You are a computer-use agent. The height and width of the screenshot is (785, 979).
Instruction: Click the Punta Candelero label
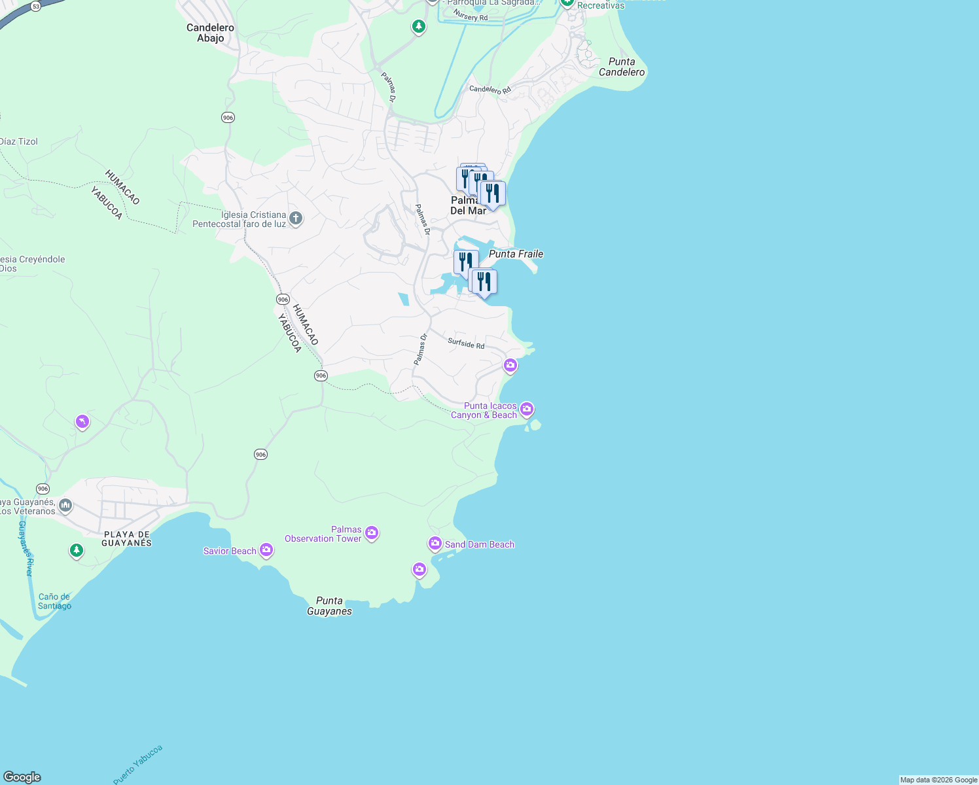click(x=622, y=67)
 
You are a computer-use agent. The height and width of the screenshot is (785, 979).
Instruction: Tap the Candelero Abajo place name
click(x=210, y=33)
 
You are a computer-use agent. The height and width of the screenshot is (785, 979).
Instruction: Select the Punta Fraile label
click(x=516, y=254)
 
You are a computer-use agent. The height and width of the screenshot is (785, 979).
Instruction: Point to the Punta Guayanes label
click(x=329, y=606)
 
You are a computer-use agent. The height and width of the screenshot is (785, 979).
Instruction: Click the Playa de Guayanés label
click(x=127, y=538)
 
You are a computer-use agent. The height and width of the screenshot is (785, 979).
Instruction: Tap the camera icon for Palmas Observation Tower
click(x=372, y=533)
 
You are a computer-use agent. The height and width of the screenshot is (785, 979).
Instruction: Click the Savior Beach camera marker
click(x=266, y=550)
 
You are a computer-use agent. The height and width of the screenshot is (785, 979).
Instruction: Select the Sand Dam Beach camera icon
click(x=435, y=544)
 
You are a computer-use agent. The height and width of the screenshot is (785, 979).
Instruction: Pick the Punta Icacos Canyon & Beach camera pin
click(x=527, y=410)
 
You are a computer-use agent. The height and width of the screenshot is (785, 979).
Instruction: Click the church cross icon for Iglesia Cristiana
click(x=295, y=218)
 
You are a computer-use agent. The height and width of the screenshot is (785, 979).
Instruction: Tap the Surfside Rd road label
click(x=466, y=343)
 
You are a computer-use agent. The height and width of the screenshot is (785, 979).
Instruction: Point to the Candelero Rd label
click(x=489, y=89)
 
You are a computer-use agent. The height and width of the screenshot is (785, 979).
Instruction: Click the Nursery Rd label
click(x=471, y=15)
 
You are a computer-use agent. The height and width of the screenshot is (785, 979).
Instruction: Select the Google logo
click(x=22, y=777)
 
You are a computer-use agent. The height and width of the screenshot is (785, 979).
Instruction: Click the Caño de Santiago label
click(x=54, y=601)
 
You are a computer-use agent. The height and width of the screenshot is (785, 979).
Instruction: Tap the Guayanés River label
click(x=26, y=548)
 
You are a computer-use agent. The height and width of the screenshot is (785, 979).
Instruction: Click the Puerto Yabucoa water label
click(x=137, y=764)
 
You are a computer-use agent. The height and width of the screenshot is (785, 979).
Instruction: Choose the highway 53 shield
click(x=35, y=6)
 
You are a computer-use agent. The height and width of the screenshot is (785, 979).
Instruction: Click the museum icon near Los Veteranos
click(x=65, y=505)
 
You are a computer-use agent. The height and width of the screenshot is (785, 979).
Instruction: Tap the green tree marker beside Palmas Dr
click(x=419, y=27)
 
